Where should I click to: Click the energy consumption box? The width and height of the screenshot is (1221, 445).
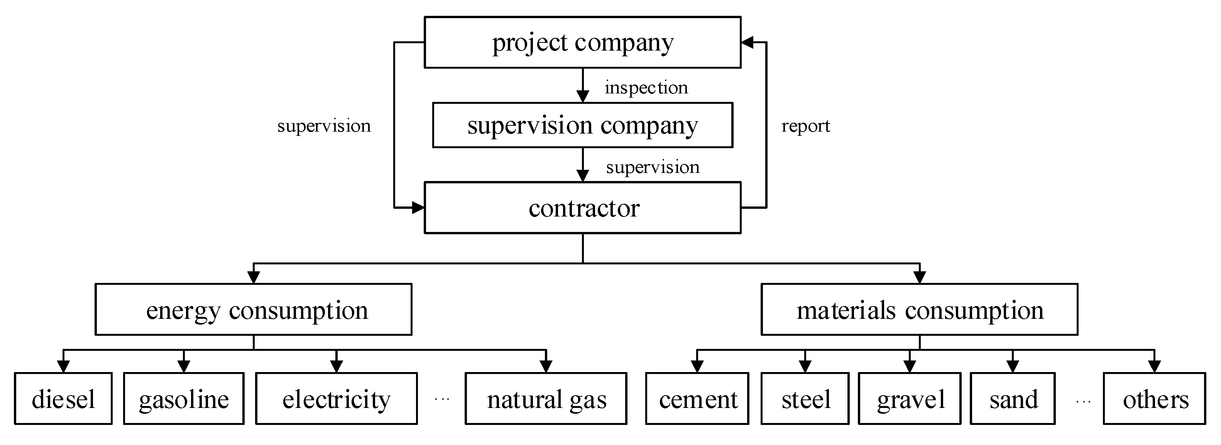254,310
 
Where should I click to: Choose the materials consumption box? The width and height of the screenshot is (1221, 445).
919,310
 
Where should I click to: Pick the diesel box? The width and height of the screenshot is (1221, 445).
63,399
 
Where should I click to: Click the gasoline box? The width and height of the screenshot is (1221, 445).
184,399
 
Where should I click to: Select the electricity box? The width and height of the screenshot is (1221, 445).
336,399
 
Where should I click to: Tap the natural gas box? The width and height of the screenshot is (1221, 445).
546,399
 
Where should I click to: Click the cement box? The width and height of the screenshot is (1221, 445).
697,399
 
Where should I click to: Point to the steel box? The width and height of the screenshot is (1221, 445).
805,399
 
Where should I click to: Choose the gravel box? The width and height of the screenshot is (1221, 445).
909,399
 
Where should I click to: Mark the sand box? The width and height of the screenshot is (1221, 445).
1013,399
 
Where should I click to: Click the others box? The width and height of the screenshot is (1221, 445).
1154,399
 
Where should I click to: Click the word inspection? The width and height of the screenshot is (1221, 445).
646,88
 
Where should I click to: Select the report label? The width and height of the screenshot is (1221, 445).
805,126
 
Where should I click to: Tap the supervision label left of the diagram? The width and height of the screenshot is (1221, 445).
324,126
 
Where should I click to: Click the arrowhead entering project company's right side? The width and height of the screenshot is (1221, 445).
747,43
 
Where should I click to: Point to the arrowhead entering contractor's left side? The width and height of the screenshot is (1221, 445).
418,208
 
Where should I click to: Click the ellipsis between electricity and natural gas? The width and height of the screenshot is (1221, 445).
441,399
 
